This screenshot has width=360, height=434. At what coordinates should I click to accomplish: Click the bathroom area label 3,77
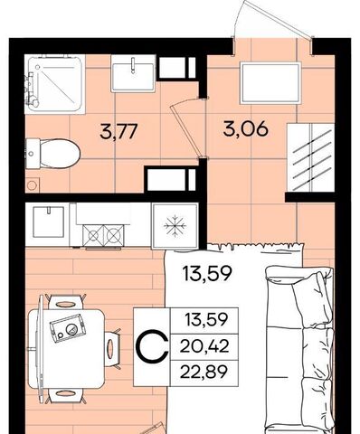(118, 132)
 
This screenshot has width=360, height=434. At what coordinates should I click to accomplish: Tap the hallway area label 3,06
(245, 129)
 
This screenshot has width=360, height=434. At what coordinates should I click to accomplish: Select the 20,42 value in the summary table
(204, 346)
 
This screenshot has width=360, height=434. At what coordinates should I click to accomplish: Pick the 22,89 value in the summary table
(204, 373)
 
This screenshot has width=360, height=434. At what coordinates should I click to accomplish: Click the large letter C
(153, 346)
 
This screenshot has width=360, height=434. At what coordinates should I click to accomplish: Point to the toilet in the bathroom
(53, 154)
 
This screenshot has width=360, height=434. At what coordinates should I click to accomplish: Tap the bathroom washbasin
(133, 73)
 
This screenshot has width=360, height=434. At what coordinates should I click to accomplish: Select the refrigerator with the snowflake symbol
(175, 226)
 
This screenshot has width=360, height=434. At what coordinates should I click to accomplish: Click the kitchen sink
(49, 222)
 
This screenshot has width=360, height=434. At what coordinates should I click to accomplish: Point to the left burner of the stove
(93, 235)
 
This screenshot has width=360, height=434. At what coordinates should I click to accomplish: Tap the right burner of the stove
(114, 235)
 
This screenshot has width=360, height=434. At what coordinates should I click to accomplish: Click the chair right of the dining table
(112, 349)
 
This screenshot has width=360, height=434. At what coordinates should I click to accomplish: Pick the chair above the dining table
(65, 302)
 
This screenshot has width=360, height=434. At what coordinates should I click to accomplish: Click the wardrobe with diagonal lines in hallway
(311, 157)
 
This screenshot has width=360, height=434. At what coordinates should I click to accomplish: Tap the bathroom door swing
(188, 128)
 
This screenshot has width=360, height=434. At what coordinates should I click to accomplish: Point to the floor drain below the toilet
(32, 184)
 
